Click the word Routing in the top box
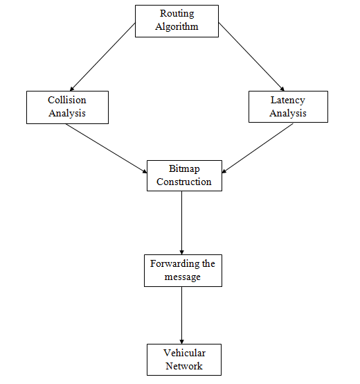pyautogui.click(x=177, y=14)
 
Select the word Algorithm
pyautogui.click(x=177, y=27)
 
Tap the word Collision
pyautogui.click(x=67, y=100)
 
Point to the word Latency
pyautogui.click(x=288, y=101)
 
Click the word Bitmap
pyautogui.click(x=184, y=169)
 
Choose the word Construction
pyautogui.click(x=184, y=182)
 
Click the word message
pyautogui.click(x=183, y=277)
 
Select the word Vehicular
pyautogui.click(x=184, y=353)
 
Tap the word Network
pyautogui.click(x=184, y=366)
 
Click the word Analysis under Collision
pyautogui.click(x=67, y=114)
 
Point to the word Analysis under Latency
pyautogui.click(x=288, y=114)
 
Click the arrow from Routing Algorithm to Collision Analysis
pyautogui.click(x=102, y=57)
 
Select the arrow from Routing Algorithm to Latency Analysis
pyautogui.click(x=251, y=57)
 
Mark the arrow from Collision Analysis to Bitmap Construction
pyautogui.click(x=107, y=148)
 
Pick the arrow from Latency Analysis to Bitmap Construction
pyautogui.click(x=258, y=148)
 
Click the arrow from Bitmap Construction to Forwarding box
pyautogui.click(x=181, y=223)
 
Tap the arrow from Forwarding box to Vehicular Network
pyautogui.click(x=181, y=315)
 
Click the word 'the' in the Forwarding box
pyautogui.click(x=208, y=264)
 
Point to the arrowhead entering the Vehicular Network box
pyautogui.click(x=181, y=342)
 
